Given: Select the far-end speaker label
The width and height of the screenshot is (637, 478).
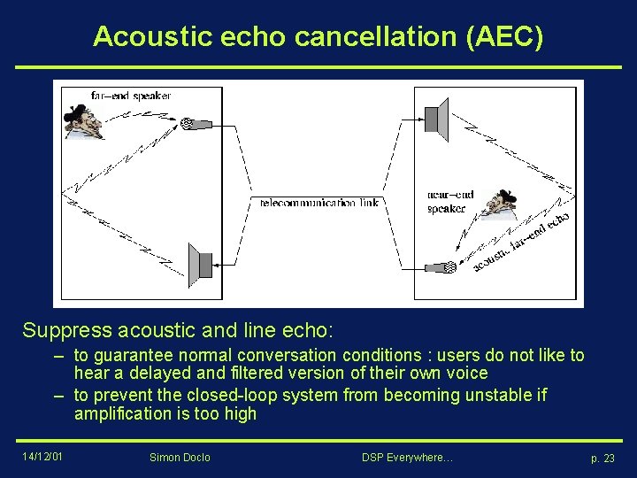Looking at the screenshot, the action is [131, 96].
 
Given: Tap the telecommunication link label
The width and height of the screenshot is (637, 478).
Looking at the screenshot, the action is [319, 203].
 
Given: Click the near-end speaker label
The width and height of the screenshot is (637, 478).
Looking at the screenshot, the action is [449, 202].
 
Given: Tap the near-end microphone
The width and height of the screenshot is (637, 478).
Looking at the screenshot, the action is [440, 266].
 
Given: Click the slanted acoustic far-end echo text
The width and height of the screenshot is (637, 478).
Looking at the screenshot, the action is [522, 242].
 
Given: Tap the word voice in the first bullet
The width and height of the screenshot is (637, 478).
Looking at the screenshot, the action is [467, 374].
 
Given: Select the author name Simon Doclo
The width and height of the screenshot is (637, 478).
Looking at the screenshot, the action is [180, 458].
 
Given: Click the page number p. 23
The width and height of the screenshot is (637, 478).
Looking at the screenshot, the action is [602, 458].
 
